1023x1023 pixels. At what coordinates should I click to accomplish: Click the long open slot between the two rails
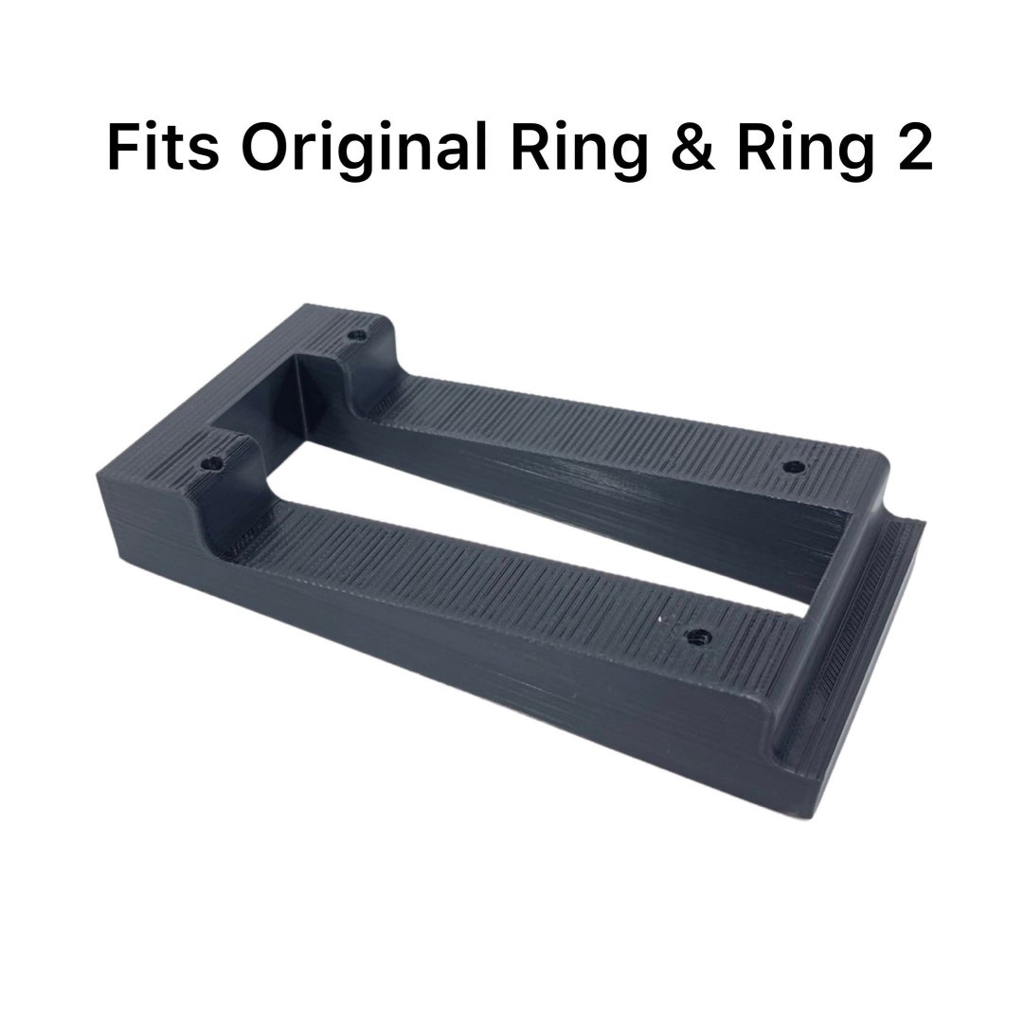coord(530,511)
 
